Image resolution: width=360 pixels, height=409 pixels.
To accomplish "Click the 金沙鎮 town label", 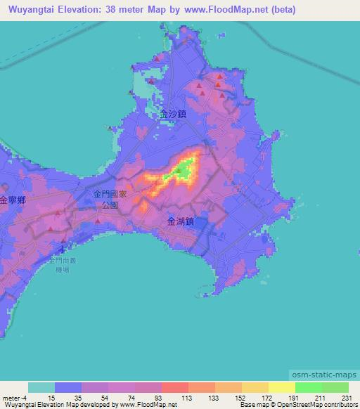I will [x=173, y=112].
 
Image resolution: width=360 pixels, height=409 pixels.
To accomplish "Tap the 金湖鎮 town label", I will [x=181, y=221].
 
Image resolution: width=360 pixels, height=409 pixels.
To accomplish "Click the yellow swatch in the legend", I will [x=281, y=387].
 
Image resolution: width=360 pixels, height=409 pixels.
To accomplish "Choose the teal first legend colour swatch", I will [x=41, y=387].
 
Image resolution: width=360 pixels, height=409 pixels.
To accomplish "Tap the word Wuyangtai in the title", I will [x=29, y=10].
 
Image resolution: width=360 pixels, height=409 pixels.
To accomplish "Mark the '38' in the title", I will [x=123, y=10].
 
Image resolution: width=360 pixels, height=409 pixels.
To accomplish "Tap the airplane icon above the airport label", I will [x=63, y=248].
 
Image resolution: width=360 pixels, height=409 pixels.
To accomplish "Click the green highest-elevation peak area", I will [x=184, y=169].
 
